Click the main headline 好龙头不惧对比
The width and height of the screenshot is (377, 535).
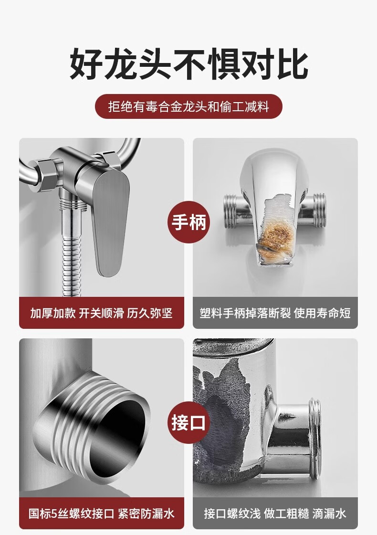[188, 64]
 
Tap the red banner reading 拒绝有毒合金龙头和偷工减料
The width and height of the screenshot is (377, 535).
[188, 106]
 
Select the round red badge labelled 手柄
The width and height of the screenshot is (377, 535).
[188, 222]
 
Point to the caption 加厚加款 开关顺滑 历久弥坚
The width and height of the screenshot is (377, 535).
[101, 313]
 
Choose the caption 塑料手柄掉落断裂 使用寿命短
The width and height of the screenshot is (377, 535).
[275, 313]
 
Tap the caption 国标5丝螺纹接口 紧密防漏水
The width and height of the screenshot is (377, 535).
[101, 514]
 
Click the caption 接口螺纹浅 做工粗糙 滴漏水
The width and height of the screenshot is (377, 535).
[275, 514]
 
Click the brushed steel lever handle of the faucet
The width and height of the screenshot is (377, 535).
[108, 222]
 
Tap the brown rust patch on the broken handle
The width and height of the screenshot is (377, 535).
[276, 235]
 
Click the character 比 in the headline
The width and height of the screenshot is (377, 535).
[293, 64]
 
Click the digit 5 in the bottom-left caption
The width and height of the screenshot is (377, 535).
[55, 514]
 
